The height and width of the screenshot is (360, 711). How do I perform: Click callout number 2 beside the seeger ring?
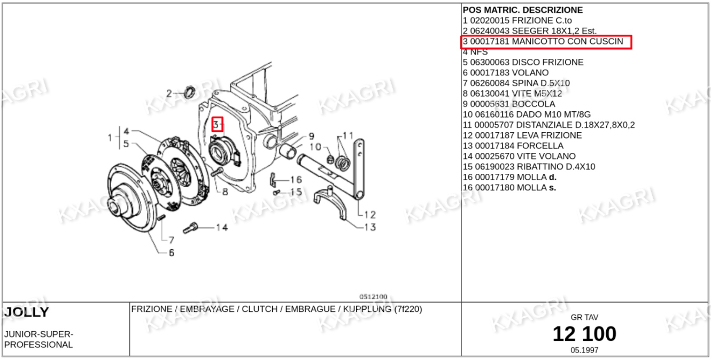169,94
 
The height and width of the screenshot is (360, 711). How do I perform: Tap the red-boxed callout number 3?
217,124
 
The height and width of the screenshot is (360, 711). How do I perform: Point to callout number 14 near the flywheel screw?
221,227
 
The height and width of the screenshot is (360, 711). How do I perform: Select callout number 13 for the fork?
370,227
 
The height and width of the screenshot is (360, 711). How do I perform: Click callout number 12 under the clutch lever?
370,215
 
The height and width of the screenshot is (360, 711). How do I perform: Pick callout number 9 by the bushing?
311,136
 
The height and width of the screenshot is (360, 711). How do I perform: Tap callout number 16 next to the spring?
296,180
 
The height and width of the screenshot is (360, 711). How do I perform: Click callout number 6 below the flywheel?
172,252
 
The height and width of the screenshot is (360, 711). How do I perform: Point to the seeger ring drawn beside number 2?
190,92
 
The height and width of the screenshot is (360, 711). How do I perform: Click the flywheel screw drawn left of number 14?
190,228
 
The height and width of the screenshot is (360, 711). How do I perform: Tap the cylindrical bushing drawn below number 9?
288,151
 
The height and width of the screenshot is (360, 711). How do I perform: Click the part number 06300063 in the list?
490,62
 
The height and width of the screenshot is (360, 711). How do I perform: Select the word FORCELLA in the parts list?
540,146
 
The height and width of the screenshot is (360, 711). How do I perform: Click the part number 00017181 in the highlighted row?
490,42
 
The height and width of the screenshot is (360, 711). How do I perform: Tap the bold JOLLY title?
27,312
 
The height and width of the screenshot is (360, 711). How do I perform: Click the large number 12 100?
584,334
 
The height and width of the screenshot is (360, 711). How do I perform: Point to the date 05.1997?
584,350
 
